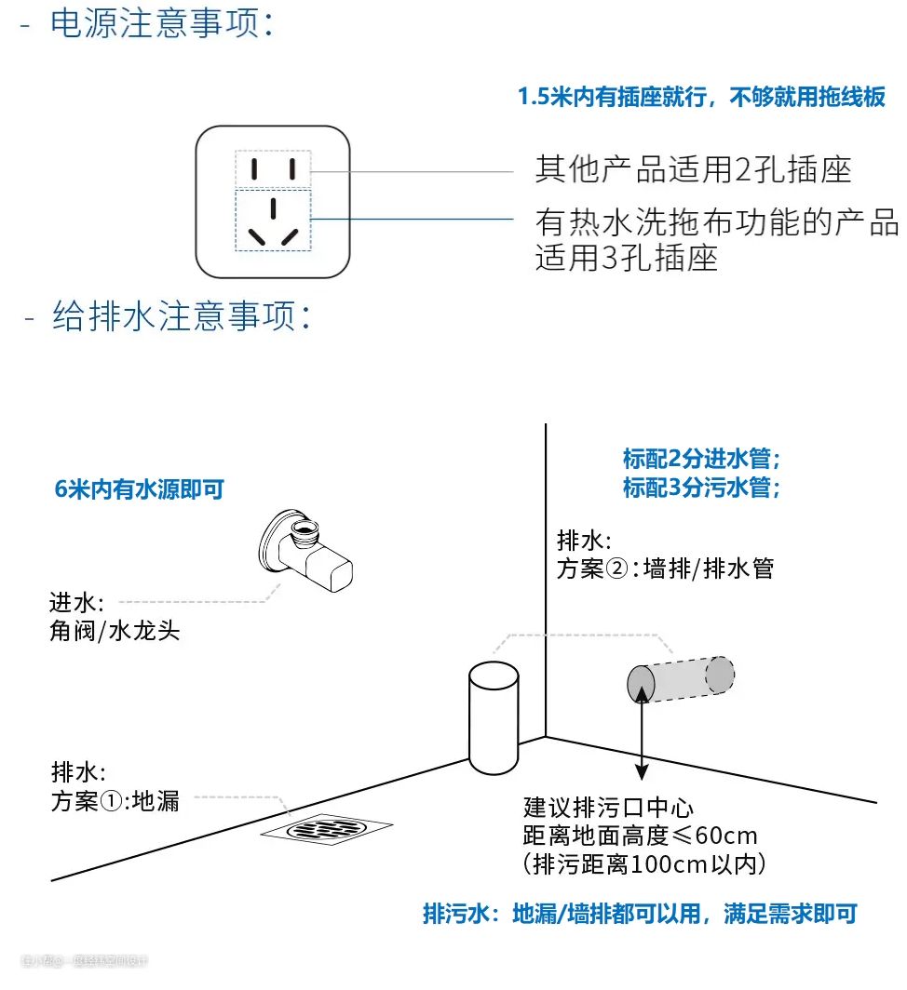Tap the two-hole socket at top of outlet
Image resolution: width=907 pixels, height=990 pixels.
click(x=272, y=168)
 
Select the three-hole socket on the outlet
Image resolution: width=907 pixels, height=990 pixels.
click(x=272, y=220)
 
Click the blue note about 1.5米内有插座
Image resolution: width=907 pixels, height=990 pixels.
click(x=701, y=98)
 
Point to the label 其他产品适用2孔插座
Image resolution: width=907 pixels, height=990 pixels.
click(x=693, y=169)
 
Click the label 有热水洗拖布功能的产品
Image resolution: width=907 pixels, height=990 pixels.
click(x=716, y=223)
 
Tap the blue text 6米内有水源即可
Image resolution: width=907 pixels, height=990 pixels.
click(x=140, y=489)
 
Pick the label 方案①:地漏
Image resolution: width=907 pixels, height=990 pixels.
click(x=115, y=799)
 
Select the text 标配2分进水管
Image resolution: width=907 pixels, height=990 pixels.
click(x=700, y=459)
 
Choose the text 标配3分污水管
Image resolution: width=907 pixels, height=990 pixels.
click(x=700, y=487)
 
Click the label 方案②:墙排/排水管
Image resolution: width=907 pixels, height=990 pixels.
click(x=665, y=569)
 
